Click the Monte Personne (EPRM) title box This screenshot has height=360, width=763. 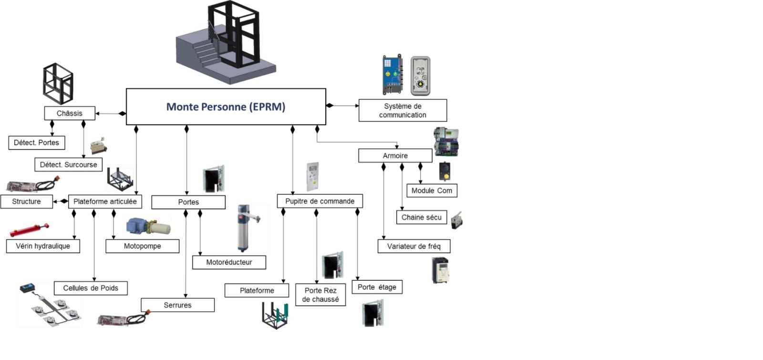click(x=226, y=107)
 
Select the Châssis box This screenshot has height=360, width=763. click(x=70, y=113)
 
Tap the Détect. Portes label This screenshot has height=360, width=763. click(x=36, y=143)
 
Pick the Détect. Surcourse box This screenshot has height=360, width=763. click(x=68, y=165)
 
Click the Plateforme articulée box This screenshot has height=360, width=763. click(x=105, y=202)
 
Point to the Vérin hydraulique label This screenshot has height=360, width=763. click(x=43, y=246)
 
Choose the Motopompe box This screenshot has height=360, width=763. click(x=142, y=246)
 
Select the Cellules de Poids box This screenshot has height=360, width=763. click(x=91, y=288)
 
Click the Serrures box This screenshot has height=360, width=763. click(x=177, y=305)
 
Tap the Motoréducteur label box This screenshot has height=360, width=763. click(x=229, y=262)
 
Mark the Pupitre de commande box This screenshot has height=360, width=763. click(x=320, y=201)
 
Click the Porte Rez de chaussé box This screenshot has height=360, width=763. click(x=320, y=295)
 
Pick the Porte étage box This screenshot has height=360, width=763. click(x=377, y=287)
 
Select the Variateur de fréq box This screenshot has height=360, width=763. click(x=413, y=247)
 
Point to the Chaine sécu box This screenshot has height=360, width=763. click(x=421, y=217)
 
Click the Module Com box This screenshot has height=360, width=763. click(x=432, y=191)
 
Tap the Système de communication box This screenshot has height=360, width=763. click(x=402, y=111)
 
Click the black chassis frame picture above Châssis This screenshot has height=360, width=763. click(x=58, y=83)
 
